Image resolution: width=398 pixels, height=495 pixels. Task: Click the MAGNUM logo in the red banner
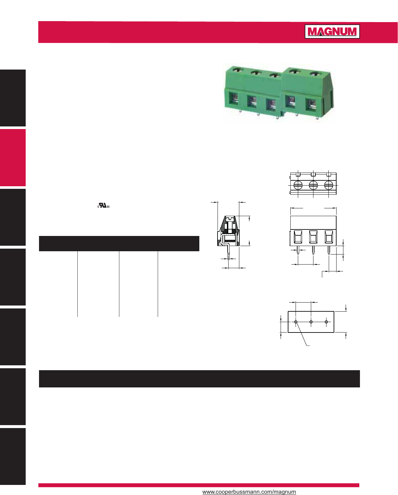[332, 32]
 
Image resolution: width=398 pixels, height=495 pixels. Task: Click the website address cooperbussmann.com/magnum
[249, 492]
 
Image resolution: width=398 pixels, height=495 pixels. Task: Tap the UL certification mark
[104, 206]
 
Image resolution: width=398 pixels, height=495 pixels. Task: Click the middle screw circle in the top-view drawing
[313, 186]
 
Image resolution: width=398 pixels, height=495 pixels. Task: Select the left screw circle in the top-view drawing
[298, 186]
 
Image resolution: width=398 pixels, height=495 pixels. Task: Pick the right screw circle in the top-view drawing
[329, 186]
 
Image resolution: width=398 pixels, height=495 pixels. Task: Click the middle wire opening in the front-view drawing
[313, 237]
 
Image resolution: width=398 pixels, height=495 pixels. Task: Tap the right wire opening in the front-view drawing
[329, 237]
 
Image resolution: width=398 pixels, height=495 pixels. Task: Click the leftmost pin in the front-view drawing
[298, 250]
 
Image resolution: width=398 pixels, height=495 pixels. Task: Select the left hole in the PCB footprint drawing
[296, 322]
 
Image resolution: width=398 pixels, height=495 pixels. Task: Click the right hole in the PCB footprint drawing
[326, 322]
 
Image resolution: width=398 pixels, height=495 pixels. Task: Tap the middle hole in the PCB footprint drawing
[311, 322]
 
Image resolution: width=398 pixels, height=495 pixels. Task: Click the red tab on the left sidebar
[13, 158]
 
